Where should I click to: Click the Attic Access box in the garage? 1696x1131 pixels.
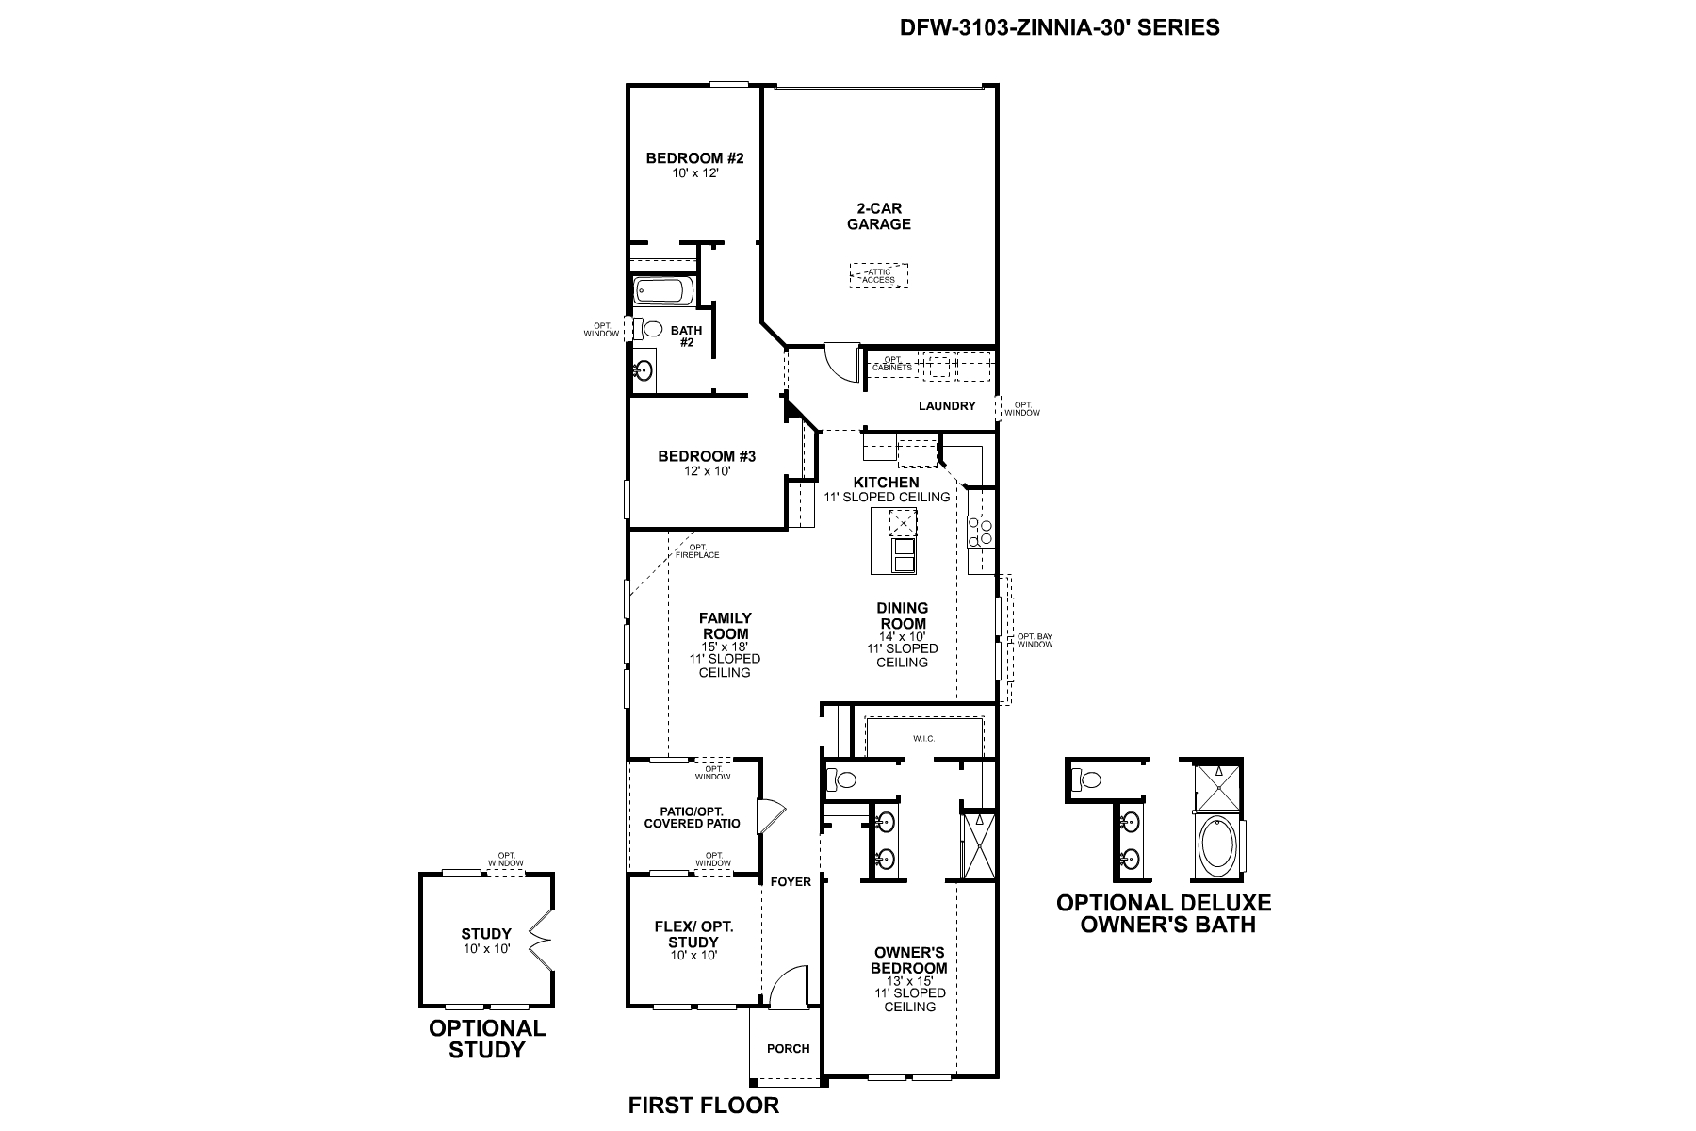[879, 275]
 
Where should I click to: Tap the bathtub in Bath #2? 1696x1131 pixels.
[663, 291]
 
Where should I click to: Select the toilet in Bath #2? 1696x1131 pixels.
[650, 330]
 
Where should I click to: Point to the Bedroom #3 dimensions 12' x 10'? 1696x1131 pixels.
[707, 471]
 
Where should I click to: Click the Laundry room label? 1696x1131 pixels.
[947, 406]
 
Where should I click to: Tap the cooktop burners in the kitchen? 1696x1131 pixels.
[981, 533]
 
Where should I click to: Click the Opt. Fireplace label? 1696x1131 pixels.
[697, 551]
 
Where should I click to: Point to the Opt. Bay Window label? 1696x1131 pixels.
[1034, 641]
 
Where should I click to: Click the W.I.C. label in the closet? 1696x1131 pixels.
[923, 738]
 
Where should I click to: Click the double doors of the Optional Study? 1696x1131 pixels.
[541, 940]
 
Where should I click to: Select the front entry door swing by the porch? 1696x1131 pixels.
[785, 988]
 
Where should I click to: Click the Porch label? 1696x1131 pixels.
[788, 1048]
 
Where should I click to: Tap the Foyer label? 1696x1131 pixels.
[790, 882]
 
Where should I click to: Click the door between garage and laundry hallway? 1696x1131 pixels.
[839, 360]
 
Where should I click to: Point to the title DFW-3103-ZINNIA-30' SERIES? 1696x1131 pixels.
[1059, 27]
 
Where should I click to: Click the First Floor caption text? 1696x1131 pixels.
[703, 1106]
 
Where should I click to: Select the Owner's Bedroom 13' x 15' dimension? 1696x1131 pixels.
[909, 981]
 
